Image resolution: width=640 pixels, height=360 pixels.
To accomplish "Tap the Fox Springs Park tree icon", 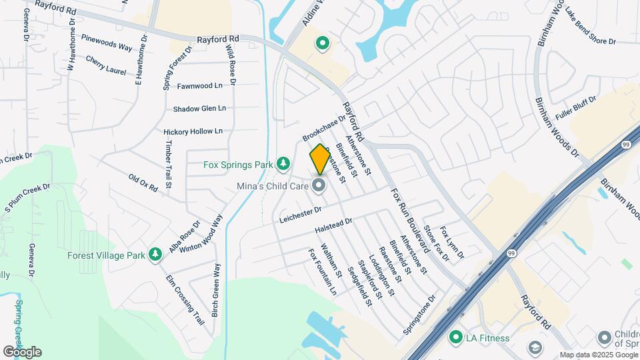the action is click(x=283, y=163).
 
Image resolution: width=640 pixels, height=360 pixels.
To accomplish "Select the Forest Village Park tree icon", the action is click(x=155, y=255).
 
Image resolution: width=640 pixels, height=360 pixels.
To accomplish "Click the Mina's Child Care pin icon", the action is click(x=319, y=185).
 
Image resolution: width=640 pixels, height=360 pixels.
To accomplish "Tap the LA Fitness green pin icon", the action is click(x=456, y=337).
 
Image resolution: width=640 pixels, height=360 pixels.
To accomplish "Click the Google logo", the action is click(x=22, y=351).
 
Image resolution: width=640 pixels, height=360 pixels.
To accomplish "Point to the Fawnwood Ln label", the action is click(x=199, y=86).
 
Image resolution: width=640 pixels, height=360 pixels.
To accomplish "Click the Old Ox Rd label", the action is click(x=143, y=183).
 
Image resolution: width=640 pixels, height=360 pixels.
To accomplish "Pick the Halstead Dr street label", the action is click(x=333, y=226).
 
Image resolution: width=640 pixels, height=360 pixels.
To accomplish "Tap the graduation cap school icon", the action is click(x=535, y=348).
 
